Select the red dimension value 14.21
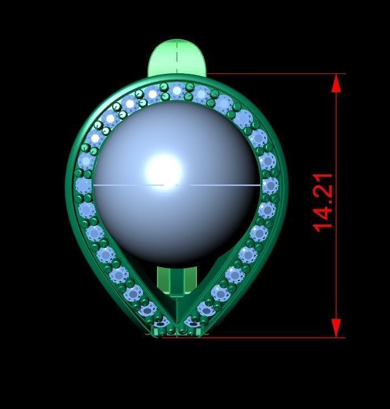point(323,201)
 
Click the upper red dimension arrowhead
point(336,83)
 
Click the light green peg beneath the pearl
point(177,281)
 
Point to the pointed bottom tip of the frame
point(177,328)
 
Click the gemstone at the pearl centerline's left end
point(84,184)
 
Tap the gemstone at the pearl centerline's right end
point(270,184)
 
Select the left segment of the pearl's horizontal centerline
point(128,184)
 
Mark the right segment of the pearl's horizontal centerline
point(225,184)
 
